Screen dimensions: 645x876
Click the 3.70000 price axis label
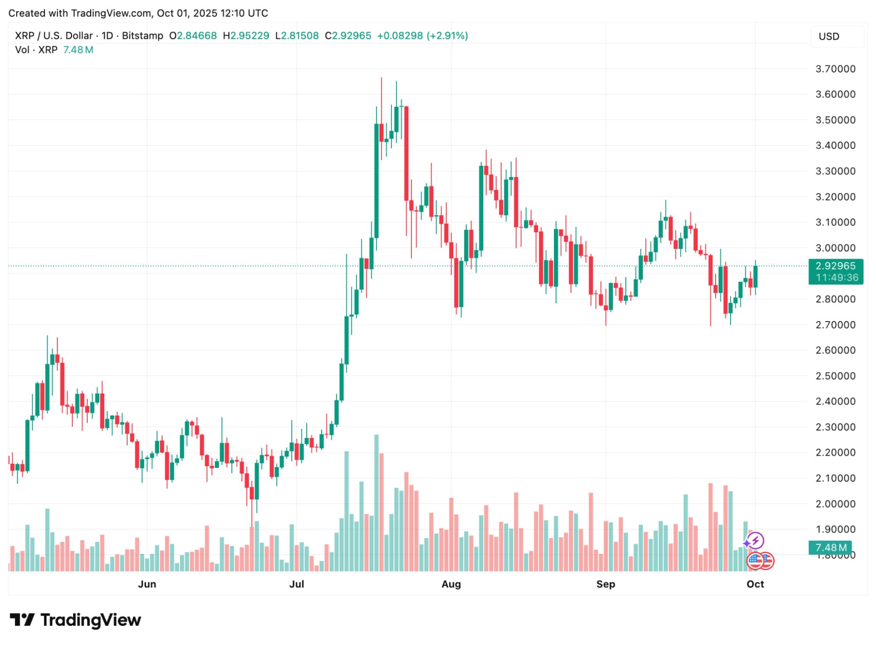(x=835, y=69)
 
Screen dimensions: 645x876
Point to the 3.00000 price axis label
(x=835, y=248)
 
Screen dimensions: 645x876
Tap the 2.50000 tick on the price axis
(x=835, y=376)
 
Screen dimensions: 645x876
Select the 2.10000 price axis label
(x=835, y=478)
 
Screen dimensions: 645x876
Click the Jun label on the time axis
(x=147, y=584)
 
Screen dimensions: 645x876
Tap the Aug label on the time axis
(x=451, y=584)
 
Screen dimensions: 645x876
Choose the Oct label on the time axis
(x=755, y=584)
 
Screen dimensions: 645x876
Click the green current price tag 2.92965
(x=835, y=266)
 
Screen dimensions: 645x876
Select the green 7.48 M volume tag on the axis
(x=830, y=547)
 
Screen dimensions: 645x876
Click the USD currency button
(x=829, y=36)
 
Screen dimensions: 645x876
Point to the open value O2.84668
(x=193, y=35)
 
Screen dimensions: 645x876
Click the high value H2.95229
(x=246, y=35)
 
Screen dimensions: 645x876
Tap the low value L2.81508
(x=297, y=35)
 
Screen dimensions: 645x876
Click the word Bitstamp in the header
(x=142, y=35)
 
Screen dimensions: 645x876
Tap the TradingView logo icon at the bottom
(x=22, y=620)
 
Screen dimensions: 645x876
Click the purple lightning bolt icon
(x=755, y=540)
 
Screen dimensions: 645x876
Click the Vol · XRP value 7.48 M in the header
(x=78, y=50)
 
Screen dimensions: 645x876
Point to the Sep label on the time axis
(x=606, y=584)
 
